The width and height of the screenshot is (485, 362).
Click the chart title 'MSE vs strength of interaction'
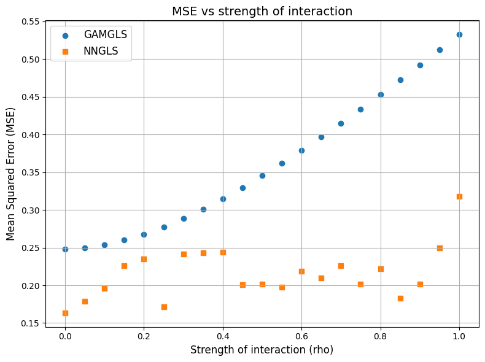pos(262,11)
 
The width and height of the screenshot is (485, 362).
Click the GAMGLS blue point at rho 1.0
pos(459,34)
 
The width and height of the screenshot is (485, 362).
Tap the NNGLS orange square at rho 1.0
pos(459,196)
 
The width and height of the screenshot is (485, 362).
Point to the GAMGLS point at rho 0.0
pos(65,249)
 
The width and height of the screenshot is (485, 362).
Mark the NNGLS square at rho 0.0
pos(65,313)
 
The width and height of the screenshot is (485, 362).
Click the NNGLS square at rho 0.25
pos(164,307)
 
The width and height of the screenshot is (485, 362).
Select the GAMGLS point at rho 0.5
pos(262,175)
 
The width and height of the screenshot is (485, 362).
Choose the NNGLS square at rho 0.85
pos(400,298)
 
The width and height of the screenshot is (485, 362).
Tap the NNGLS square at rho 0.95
pos(440,248)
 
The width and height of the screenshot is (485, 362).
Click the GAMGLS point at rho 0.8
pos(381,94)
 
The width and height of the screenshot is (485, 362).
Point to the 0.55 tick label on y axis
pos(29,21)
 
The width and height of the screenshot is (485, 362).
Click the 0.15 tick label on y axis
pos(29,323)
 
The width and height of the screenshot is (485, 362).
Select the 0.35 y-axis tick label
pos(29,172)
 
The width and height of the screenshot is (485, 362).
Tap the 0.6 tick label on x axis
pos(301,336)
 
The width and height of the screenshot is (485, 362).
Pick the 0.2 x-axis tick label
pos(144,336)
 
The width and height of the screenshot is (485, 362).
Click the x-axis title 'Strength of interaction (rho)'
pos(262,350)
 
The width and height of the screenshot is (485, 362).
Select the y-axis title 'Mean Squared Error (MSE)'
pos(11,174)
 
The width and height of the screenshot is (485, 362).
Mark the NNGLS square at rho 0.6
pos(301,271)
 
